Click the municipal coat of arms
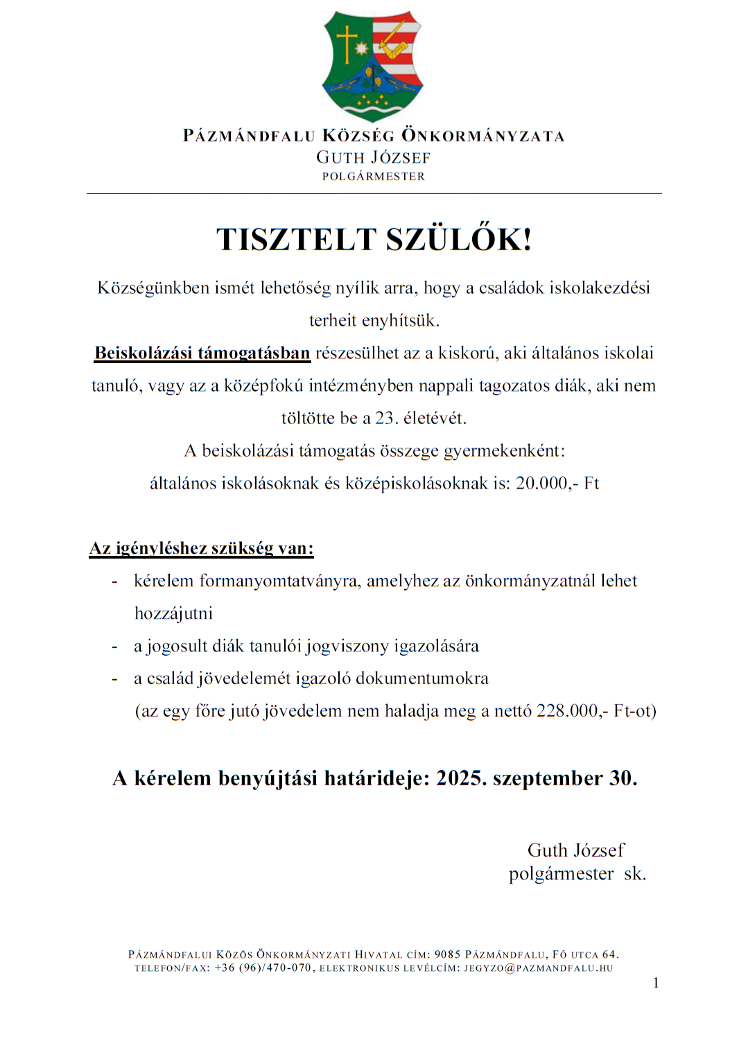(x=373, y=65)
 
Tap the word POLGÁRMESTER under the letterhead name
(x=373, y=177)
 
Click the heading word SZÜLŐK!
(x=459, y=240)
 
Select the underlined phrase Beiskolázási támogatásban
(x=202, y=353)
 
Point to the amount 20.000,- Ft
(x=557, y=483)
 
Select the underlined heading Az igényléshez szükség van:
(x=202, y=548)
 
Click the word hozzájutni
(x=173, y=613)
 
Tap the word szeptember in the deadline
(x=548, y=778)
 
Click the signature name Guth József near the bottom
(x=575, y=850)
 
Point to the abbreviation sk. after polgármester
(x=635, y=874)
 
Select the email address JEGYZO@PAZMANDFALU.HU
(x=539, y=968)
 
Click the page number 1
(x=656, y=983)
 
